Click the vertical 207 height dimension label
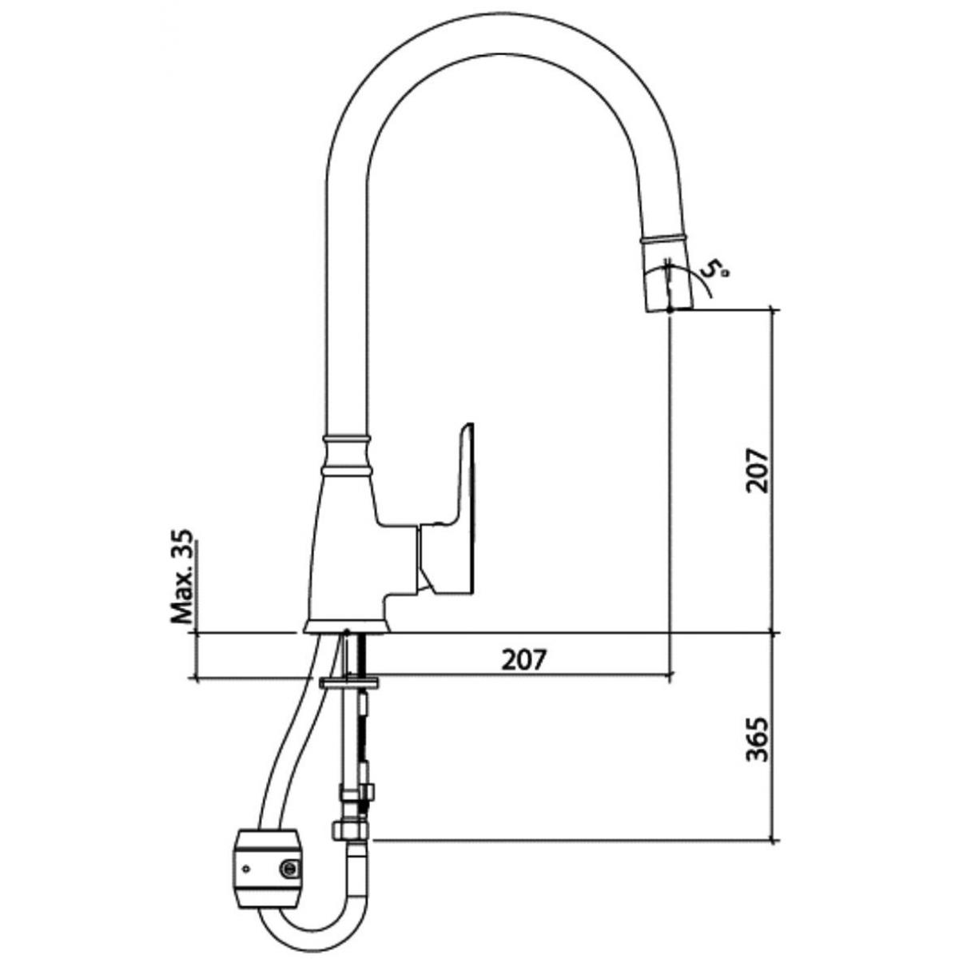(757, 470)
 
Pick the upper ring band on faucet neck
(347, 439)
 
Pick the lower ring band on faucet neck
(347, 470)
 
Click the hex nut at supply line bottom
(350, 830)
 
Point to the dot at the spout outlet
(670, 309)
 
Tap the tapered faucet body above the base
(347, 547)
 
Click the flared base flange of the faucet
(347, 627)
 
